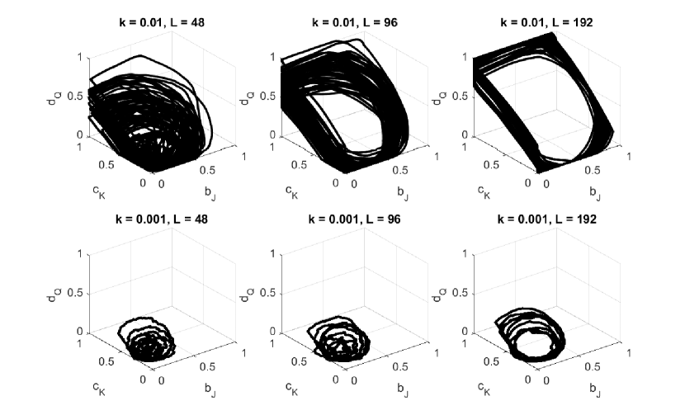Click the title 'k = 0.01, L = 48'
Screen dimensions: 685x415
[162, 22]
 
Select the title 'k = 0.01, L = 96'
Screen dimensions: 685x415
[355, 22]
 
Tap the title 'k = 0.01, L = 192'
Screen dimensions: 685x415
[546, 22]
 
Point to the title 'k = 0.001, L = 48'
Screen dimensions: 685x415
[162, 219]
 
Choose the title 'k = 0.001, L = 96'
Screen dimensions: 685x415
[355, 219]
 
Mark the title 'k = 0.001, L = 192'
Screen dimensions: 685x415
[546, 219]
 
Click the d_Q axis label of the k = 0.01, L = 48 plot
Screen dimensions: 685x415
[54, 98]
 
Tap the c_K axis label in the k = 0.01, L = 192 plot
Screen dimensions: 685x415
[484, 191]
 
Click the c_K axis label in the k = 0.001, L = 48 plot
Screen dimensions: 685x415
[99, 388]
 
